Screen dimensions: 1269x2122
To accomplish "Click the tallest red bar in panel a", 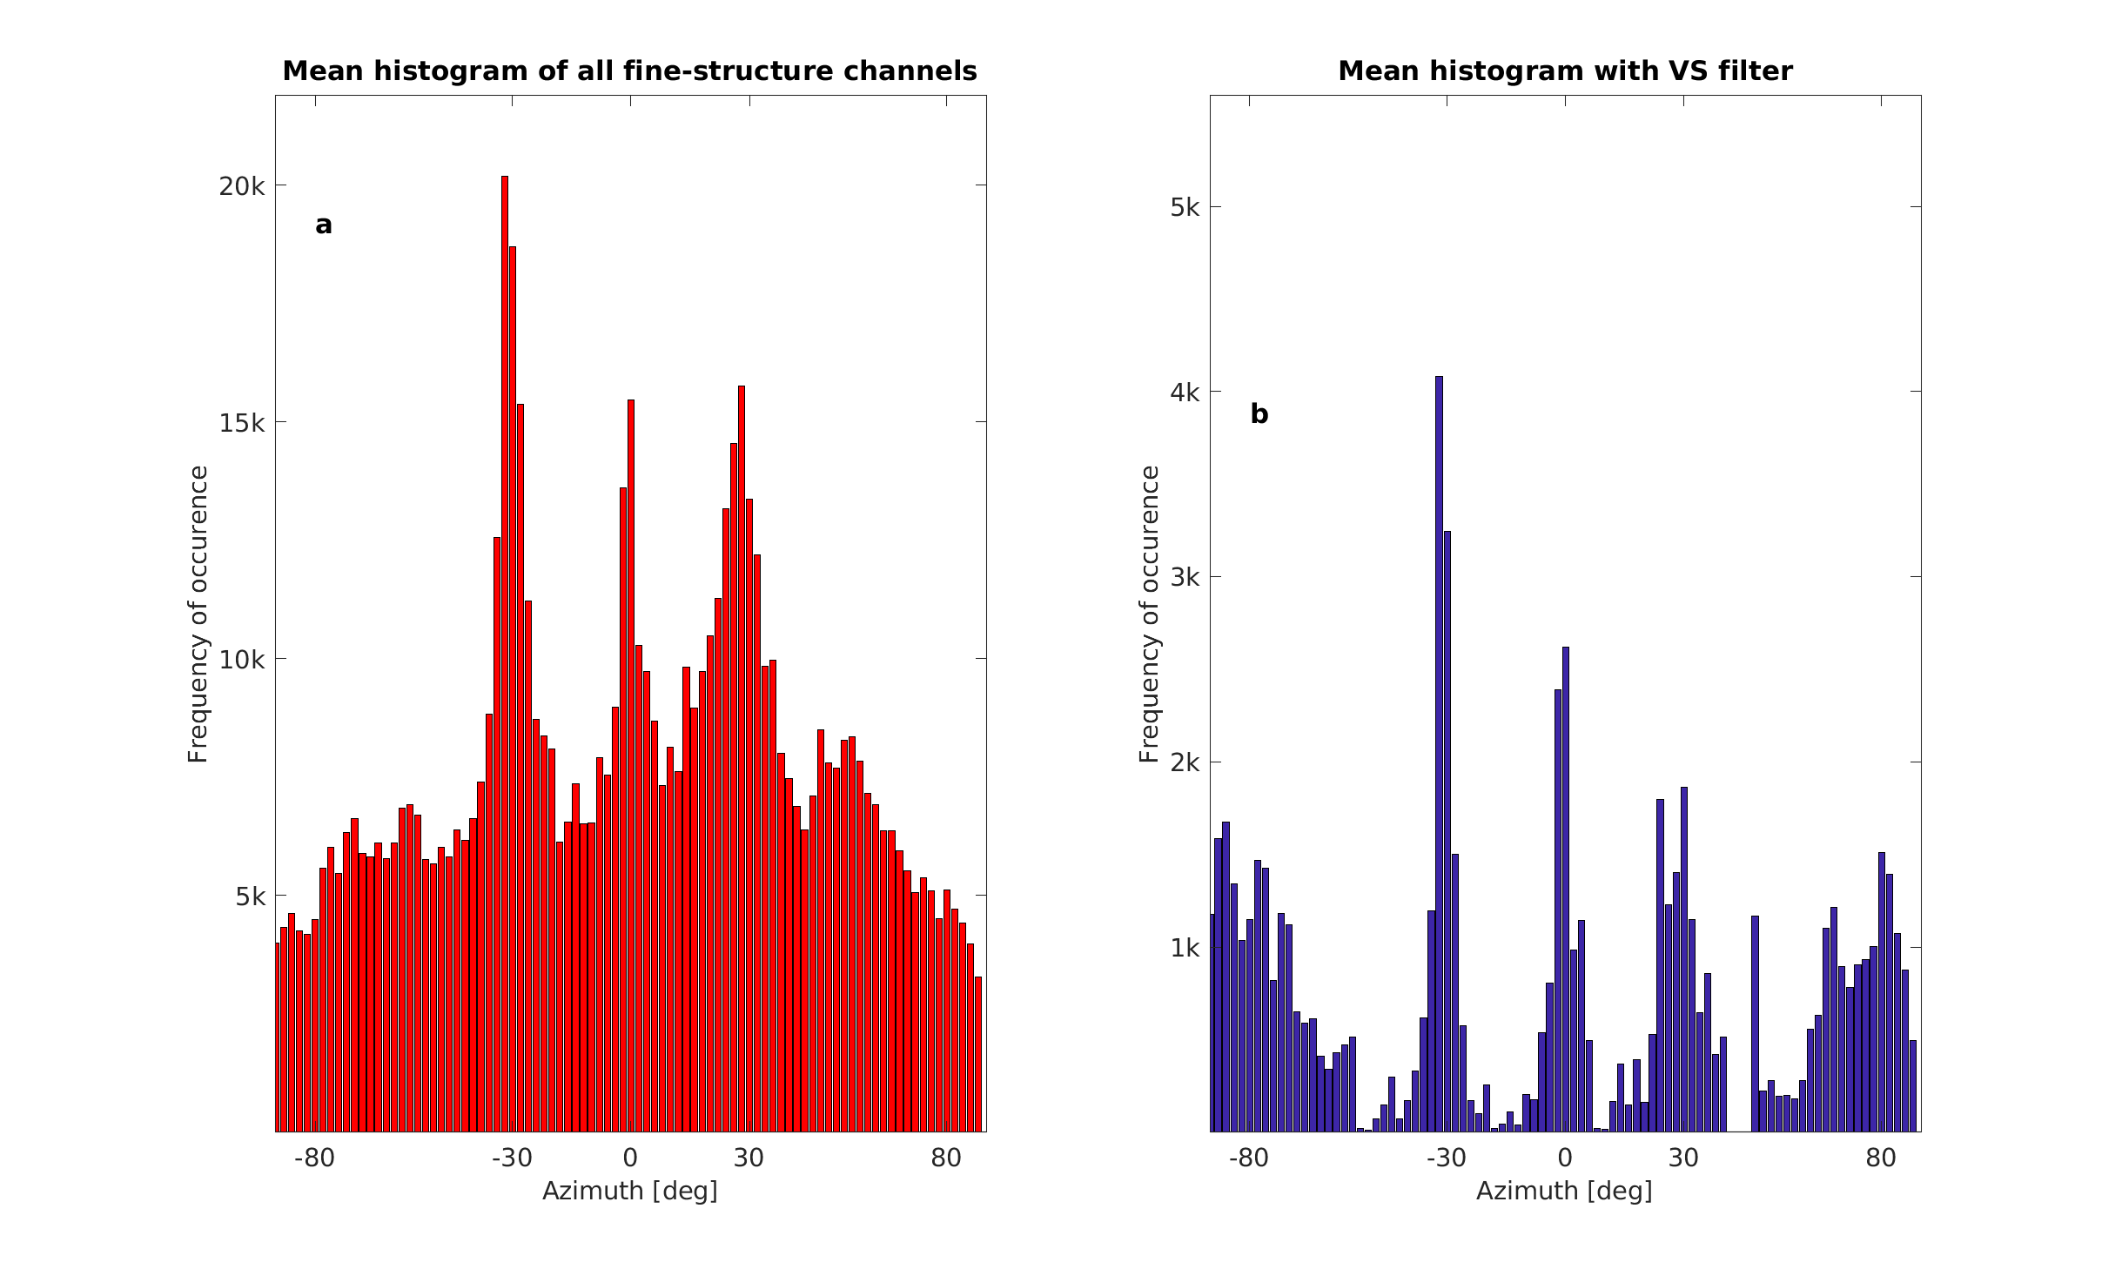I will pos(505,653).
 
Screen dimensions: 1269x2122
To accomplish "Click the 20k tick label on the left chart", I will pos(241,186).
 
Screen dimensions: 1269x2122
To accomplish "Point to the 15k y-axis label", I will pos(241,423).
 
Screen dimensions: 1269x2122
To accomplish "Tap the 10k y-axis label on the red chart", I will pos(241,660).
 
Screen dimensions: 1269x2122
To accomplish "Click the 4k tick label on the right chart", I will pos(1185,393).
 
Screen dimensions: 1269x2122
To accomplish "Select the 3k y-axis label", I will pos(1185,577).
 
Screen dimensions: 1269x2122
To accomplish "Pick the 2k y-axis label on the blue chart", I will pos(1185,762).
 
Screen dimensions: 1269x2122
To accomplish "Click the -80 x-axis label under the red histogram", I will pos(314,1158).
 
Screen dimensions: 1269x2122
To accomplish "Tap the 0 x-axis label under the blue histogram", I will pos(1565,1158).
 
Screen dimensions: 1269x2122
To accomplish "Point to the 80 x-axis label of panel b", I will pos(1881,1158).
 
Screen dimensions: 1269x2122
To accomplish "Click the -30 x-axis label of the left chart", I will pos(512,1158).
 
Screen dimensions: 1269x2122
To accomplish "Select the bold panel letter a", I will pos(324,225).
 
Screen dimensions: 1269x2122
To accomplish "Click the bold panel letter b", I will pos(1259,413).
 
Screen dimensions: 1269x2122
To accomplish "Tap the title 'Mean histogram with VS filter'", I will pos(1565,70).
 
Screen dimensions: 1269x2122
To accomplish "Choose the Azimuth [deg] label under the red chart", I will pos(630,1191).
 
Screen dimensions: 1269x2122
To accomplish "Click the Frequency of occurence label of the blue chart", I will pos(1150,614).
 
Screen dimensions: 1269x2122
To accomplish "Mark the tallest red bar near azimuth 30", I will pos(742,757).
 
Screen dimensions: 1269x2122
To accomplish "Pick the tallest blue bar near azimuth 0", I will pos(1565,888).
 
